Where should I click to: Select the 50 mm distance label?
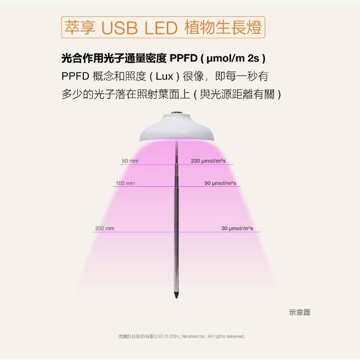[x=130, y=161]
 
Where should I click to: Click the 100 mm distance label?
[x=125, y=183]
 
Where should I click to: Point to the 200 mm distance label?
[x=105, y=228]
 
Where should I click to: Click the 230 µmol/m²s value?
[x=208, y=161]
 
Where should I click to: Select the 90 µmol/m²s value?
[x=220, y=183]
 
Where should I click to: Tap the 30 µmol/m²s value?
[x=237, y=228]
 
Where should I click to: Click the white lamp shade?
[x=177, y=127]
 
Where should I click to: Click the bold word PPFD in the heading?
[x=183, y=58]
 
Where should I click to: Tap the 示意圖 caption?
[x=299, y=312]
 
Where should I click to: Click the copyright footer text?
[x=179, y=336]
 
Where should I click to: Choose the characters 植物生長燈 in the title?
[x=223, y=28]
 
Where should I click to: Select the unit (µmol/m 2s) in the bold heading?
[x=232, y=58]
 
